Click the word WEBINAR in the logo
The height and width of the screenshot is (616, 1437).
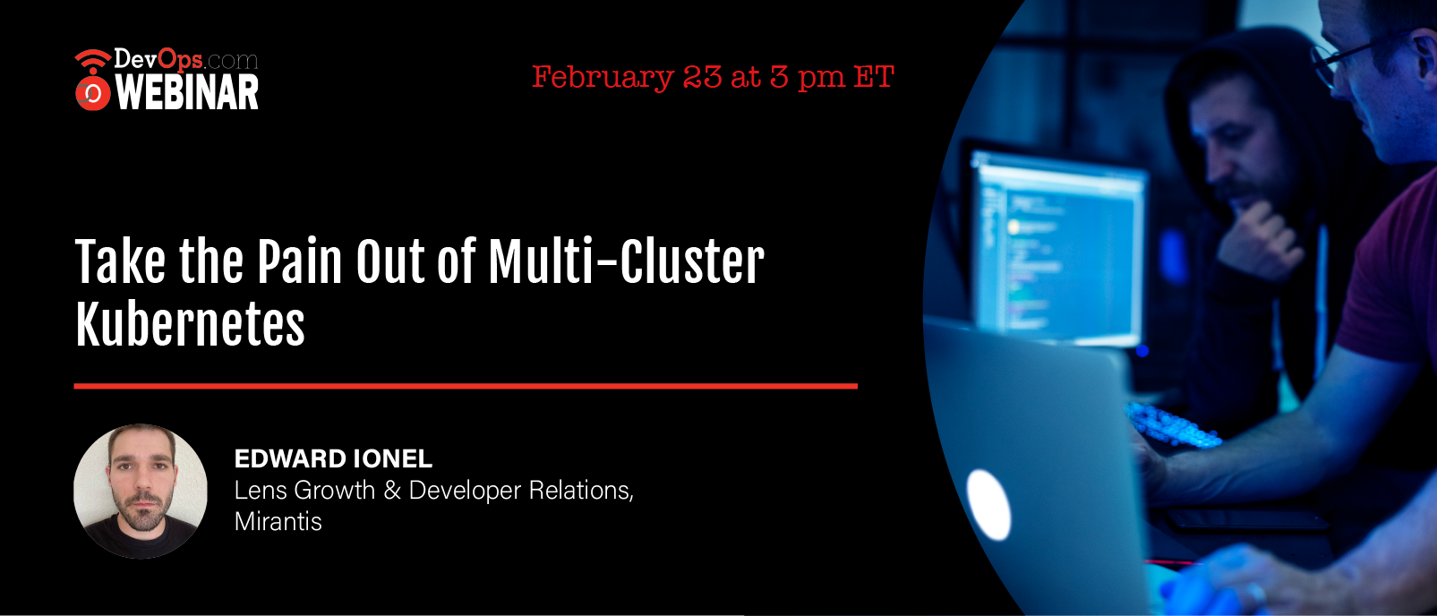click(187, 92)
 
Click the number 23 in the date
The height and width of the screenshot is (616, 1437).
click(703, 76)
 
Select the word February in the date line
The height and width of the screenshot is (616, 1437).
click(603, 78)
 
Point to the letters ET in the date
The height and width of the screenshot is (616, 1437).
click(874, 76)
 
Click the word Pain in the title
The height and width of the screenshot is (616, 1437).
click(300, 261)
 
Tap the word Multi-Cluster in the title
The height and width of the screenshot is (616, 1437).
click(626, 261)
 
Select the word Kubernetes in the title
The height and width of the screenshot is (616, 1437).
click(190, 324)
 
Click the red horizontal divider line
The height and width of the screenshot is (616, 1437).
click(466, 386)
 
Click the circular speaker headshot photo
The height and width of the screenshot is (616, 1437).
click(141, 491)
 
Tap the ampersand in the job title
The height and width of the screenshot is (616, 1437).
click(392, 491)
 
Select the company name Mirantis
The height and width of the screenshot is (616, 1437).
click(278, 521)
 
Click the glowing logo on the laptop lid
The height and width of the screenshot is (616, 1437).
click(988, 505)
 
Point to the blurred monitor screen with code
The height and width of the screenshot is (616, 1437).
click(1058, 247)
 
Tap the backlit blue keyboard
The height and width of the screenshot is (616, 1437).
click(1174, 427)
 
